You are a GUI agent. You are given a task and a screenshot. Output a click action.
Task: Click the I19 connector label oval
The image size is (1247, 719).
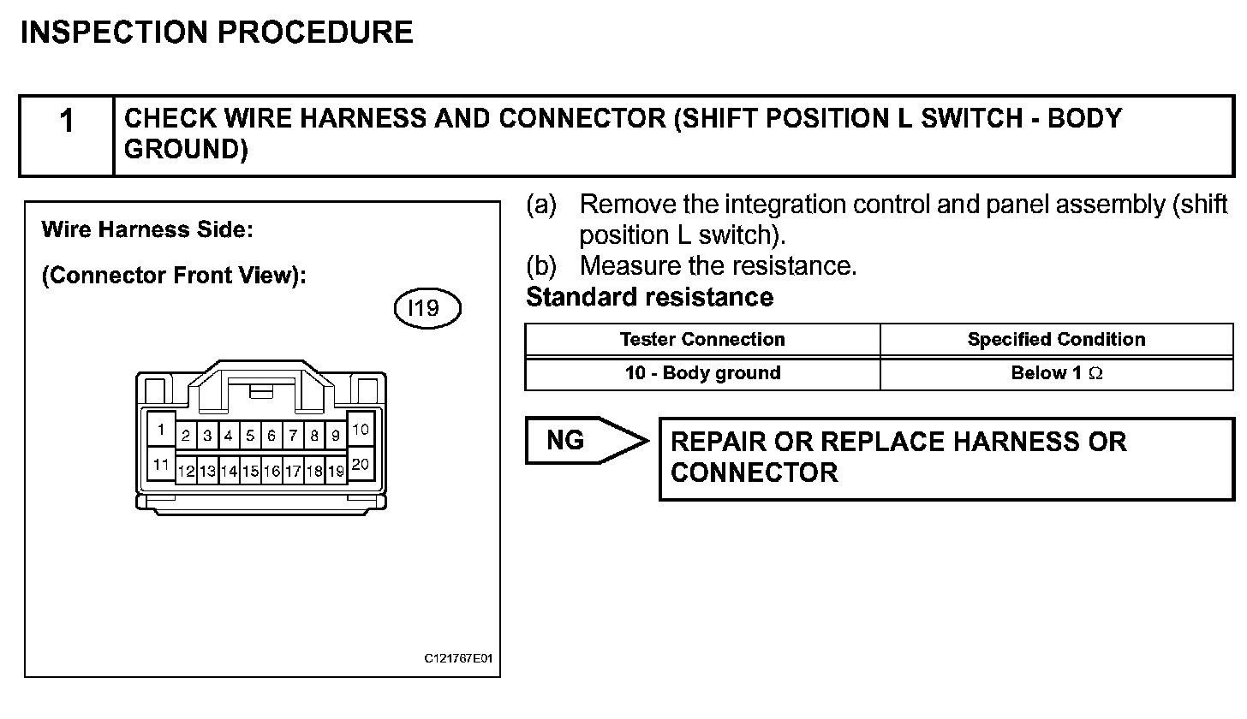pyautogui.click(x=427, y=308)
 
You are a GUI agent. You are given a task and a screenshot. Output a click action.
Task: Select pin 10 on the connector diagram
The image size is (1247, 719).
pyautogui.click(x=361, y=429)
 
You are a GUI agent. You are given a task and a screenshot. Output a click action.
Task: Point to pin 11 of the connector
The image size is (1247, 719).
pyautogui.click(x=160, y=465)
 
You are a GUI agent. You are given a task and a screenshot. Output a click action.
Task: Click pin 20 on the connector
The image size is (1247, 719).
pyautogui.click(x=361, y=465)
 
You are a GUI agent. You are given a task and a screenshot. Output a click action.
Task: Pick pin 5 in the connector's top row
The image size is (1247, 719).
pyautogui.click(x=250, y=436)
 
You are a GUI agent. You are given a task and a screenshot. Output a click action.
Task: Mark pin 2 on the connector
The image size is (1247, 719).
pyautogui.click(x=186, y=436)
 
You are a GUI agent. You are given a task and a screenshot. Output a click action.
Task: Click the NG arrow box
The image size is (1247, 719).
pyautogui.click(x=582, y=441)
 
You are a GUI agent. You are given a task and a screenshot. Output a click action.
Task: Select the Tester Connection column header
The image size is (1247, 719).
pyautogui.click(x=702, y=340)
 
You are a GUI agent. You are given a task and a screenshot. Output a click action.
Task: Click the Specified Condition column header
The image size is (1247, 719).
pyautogui.click(x=1056, y=340)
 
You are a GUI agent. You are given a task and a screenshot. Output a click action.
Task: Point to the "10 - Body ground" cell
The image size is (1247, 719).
pyautogui.click(x=702, y=373)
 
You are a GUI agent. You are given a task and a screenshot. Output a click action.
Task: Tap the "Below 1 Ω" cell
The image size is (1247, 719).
pyautogui.click(x=1056, y=373)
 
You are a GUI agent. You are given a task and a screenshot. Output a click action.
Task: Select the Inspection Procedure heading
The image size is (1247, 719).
pyautogui.click(x=217, y=33)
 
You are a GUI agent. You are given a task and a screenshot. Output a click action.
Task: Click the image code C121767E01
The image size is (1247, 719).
pyautogui.click(x=458, y=659)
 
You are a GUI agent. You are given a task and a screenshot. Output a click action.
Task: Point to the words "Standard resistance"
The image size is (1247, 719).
pyautogui.click(x=649, y=298)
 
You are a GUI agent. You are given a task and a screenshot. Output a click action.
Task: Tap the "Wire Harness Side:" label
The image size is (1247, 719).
pyautogui.click(x=147, y=230)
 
